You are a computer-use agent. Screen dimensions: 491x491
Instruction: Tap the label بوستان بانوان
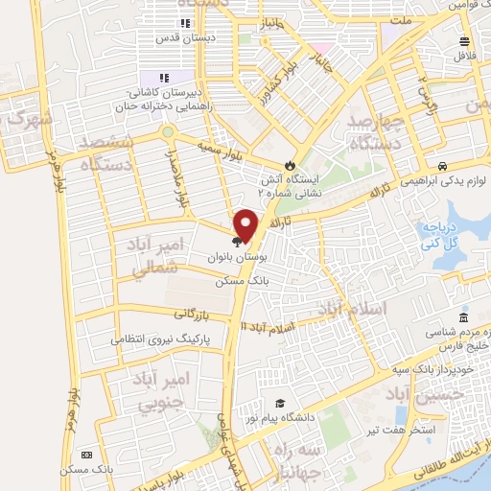[232, 259]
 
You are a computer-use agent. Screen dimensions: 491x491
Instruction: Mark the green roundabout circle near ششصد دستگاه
[168, 131]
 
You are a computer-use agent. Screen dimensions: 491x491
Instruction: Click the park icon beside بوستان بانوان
[237, 243]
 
